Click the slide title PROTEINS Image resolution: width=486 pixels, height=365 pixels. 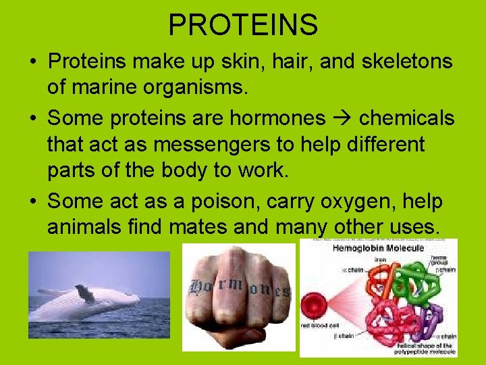[243, 25]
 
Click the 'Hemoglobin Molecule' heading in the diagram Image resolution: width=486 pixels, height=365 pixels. [379, 248]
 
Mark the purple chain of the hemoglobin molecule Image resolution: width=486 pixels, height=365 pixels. [425, 318]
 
